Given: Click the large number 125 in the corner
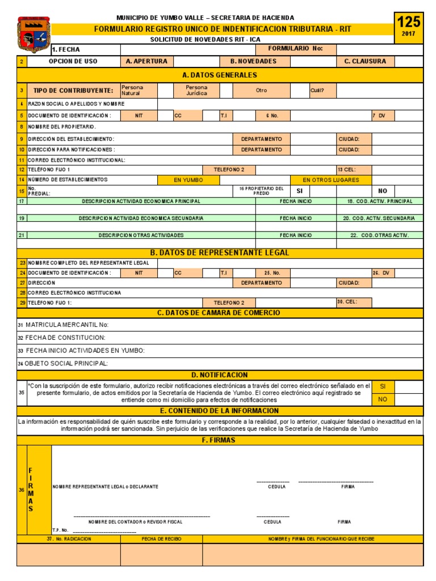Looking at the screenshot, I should coord(408,22).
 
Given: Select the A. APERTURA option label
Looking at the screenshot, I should coord(146,61).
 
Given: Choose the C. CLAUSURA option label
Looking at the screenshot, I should coord(365,61).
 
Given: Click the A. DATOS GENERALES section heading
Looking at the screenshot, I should coord(220,75).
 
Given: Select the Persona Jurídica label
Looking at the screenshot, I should coord(196,90).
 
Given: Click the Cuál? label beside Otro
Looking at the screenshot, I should coord(317,90).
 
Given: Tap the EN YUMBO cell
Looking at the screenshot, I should coord(188,180).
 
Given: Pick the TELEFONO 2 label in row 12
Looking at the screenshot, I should coord(229,170).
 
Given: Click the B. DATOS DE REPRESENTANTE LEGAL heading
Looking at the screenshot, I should coord(220,252).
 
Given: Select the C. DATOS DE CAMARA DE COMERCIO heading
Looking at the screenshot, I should coord(220,313).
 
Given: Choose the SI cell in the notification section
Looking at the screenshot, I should coord(383,386).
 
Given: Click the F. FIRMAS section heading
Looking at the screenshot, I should coord(220,440).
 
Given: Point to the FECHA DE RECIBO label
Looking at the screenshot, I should coord(161,538).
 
